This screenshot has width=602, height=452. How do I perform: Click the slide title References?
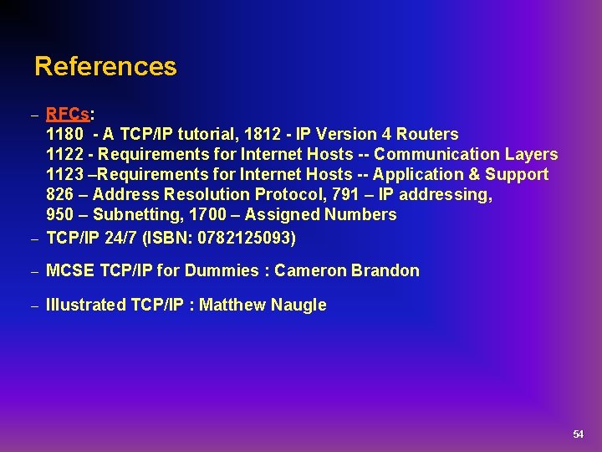pos(105,66)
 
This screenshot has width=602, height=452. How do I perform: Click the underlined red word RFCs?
pos(68,114)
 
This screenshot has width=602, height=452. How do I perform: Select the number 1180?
pos(64,134)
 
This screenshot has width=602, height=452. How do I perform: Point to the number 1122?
pos(64,154)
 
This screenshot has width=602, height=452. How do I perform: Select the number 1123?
pos(64,174)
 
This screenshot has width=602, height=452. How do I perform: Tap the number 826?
pos(60,194)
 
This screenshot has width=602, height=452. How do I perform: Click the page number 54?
pos(578,434)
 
